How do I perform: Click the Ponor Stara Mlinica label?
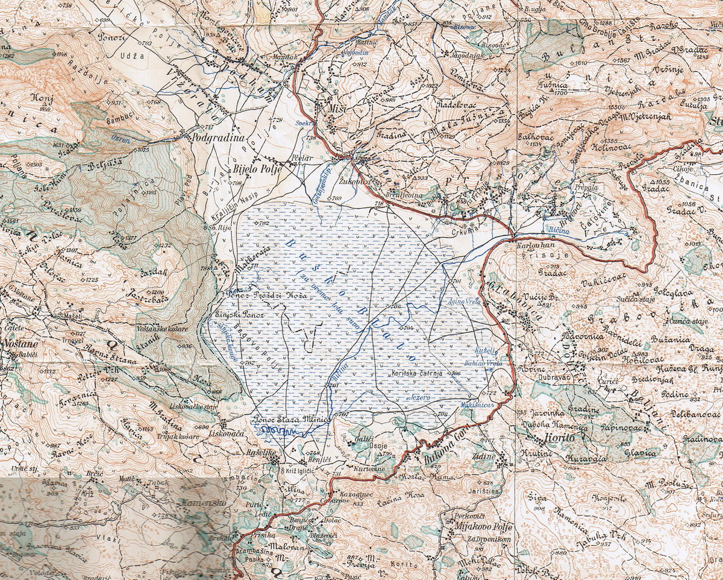(293, 419)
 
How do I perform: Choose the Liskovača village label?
(239, 433)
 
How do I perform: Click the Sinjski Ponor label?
(230, 315)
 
